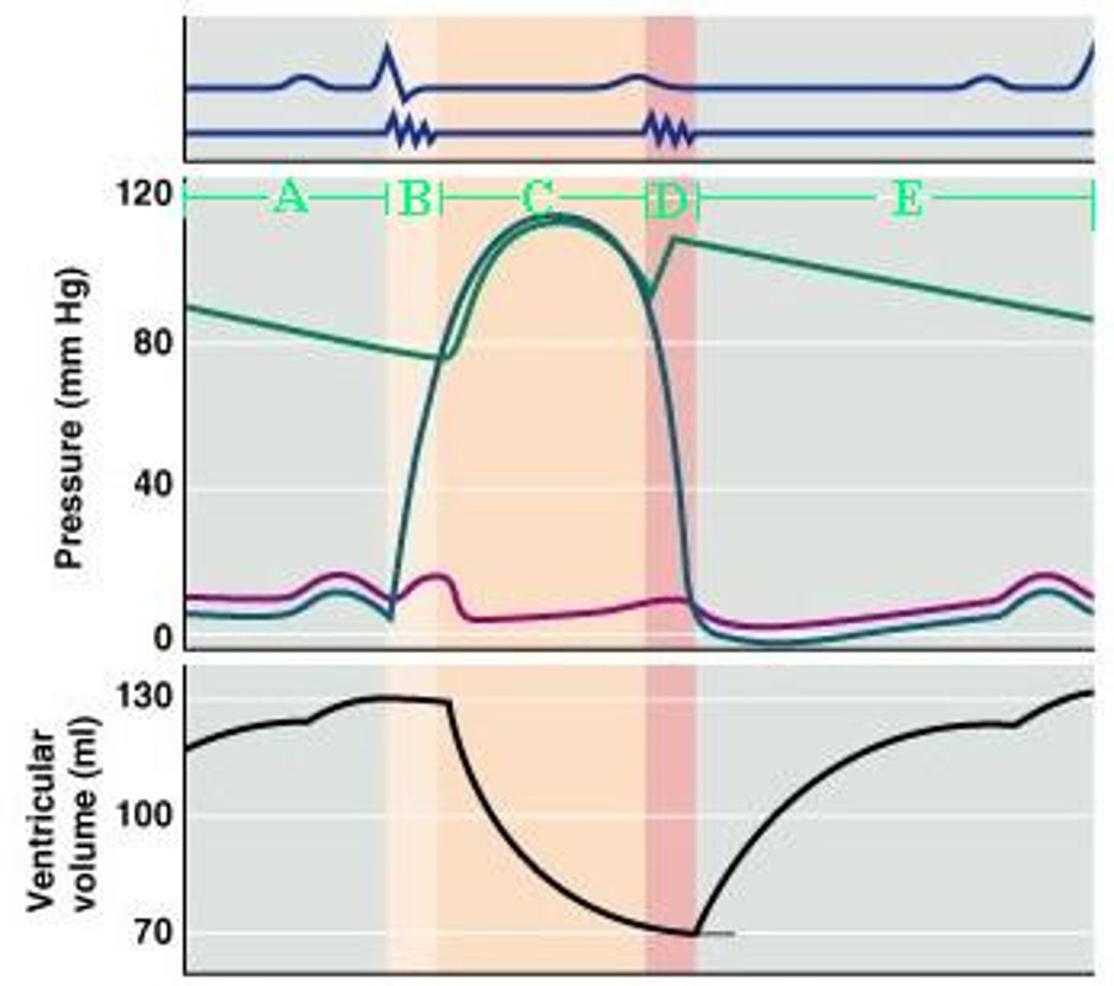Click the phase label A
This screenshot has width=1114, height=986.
[x=290, y=198]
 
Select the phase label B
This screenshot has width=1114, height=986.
[x=416, y=198]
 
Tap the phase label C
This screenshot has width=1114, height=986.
[x=538, y=198]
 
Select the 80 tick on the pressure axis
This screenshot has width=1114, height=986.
[x=153, y=341]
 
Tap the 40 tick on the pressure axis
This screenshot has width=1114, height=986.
[x=153, y=485]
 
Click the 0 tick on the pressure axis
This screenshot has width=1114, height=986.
[x=162, y=637]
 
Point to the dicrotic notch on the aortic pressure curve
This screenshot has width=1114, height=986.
[x=651, y=294]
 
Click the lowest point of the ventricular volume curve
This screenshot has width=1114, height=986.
[x=694, y=933]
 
